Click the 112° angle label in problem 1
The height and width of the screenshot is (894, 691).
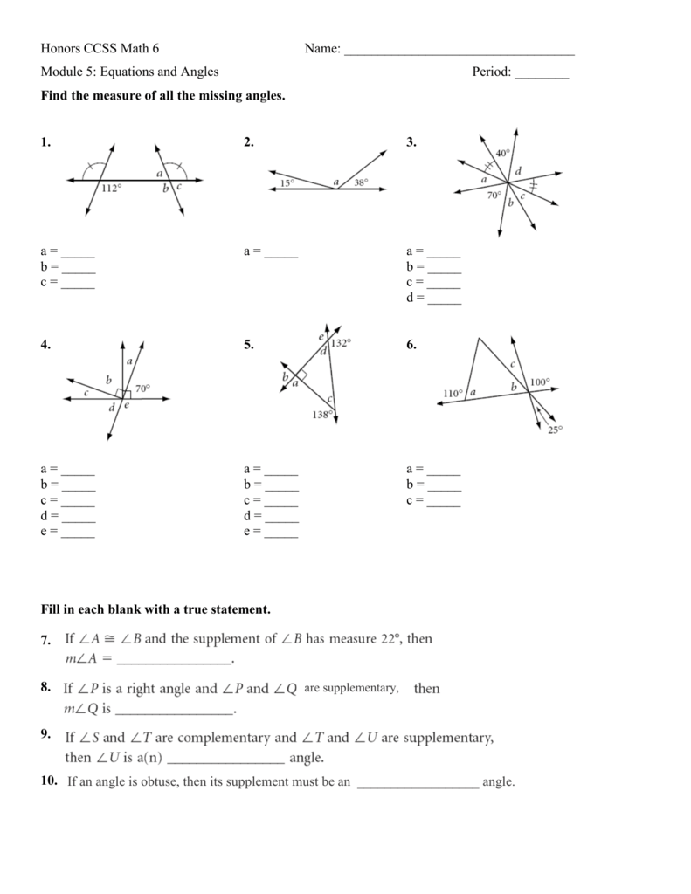[111, 188]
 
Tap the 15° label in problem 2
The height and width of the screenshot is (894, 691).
[288, 182]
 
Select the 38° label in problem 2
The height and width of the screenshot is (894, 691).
[361, 182]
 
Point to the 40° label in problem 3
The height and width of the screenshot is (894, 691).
[502, 154]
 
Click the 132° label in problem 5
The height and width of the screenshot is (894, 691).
[341, 343]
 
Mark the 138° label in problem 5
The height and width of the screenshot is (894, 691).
[321, 415]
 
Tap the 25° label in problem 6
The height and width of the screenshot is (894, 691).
[556, 429]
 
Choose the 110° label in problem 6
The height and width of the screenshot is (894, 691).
[453, 393]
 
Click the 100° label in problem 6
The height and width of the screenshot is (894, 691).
[539, 382]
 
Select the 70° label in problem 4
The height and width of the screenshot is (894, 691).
[142, 389]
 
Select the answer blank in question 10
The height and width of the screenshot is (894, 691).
[418, 783]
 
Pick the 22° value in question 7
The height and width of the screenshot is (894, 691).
[390, 639]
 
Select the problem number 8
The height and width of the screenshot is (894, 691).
[46, 688]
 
